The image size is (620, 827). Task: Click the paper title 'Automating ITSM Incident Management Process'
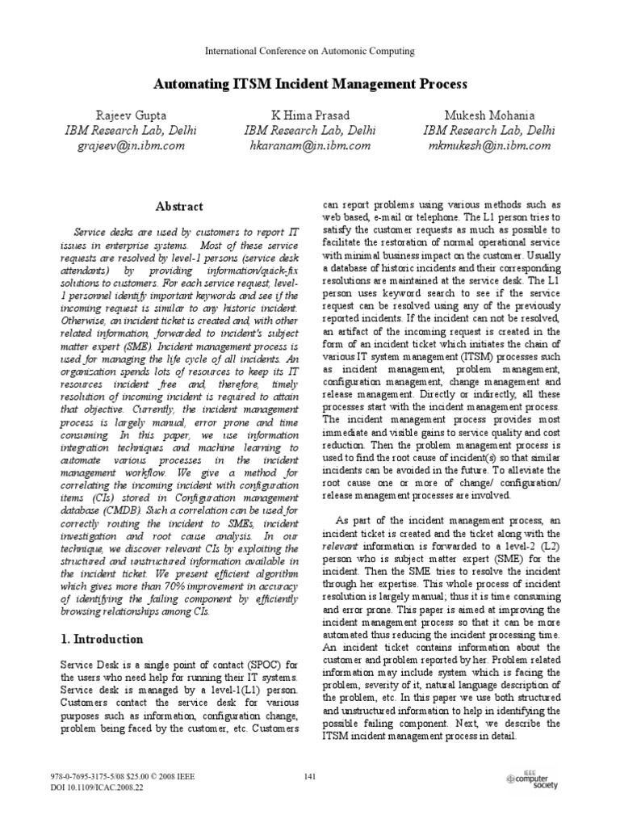pos(310,84)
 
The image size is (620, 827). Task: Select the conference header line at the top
pos(310,51)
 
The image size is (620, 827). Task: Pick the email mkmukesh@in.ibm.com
pos(489,146)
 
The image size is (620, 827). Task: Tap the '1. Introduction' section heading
pos(103,639)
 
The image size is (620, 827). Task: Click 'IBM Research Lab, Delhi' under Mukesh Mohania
pos(489,130)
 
